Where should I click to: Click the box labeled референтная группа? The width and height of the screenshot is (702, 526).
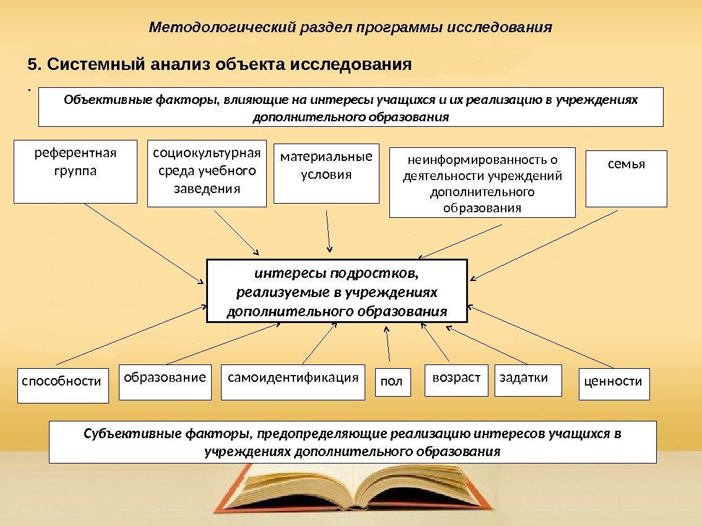(x=75, y=171)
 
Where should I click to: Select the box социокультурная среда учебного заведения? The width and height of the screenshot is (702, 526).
(x=207, y=173)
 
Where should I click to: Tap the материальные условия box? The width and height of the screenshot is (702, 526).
(x=326, y=173)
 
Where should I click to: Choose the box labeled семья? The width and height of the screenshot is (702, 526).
(x=626, y=178)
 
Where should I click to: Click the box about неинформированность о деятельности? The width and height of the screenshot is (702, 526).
(x=482, y=182)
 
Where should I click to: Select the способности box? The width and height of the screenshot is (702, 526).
(x=63, y=385)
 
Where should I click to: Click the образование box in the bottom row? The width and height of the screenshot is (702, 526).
(x=165, y=382)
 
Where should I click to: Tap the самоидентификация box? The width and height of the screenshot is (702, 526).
(x=293, y=382)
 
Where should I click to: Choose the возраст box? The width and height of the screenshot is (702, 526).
(x=457, y=380)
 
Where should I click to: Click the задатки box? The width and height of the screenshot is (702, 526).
(x=528, y=380)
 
